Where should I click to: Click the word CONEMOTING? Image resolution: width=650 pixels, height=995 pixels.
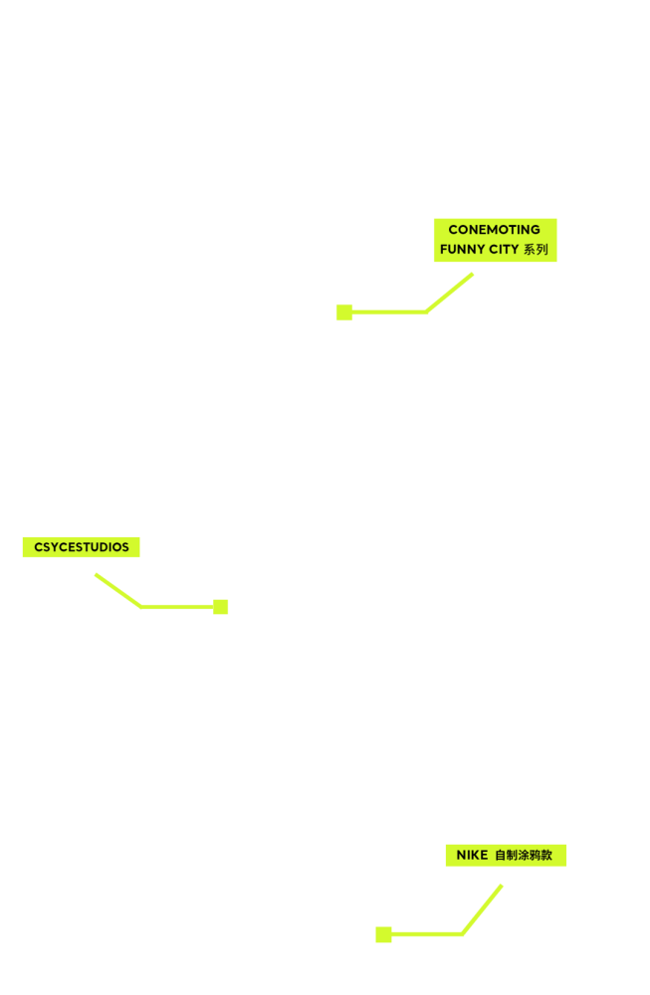pyautogui.click(x=494, y=230)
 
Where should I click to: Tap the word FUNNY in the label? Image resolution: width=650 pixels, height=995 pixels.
pyautogui.click(x=461, y=250)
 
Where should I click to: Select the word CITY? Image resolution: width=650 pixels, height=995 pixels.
pyautogui.click(x=503, y=250)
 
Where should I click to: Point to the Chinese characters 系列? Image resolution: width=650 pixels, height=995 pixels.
pyautogui.click(x=536, y=250)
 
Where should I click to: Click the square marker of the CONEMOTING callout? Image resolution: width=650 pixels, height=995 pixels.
pyautogui.click(x=344, y=312)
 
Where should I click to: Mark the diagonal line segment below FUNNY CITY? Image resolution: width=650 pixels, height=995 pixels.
pyautogui.click(x=449, y=293)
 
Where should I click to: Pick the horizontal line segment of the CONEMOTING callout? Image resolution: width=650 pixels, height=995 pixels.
pyautogui.click(x=389, y=312)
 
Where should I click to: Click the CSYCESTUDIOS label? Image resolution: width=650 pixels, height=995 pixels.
pyautogui.click(x=82, y=547)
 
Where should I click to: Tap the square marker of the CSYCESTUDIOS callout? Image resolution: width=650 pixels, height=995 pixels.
pyautogui.click(x=220, y=607)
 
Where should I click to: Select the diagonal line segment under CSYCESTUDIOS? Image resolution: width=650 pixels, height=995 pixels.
pyautogui.click(x=118, y=591)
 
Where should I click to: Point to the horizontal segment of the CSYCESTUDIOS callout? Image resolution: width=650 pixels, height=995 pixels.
pyautogui.click(x=177, y=607)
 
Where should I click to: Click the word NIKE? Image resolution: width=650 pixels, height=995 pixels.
pyautogui.click(x=472, y=856)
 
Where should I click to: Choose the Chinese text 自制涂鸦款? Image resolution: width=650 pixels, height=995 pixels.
pyautogui.click(x=524, y=856)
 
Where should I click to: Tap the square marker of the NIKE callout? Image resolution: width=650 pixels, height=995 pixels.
pyautogui.click(x=383, y=934)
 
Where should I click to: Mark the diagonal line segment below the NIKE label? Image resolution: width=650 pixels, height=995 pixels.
pyautogui.click(x=483, y=909)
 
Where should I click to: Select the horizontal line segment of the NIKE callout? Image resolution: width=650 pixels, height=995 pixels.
pyautogui.click(x=427, y=934)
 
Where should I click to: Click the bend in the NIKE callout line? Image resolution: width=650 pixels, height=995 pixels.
pyautogui.click(x=463, y=934)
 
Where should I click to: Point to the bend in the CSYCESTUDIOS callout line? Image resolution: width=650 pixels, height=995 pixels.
pyautogui.click(x=141, y=607)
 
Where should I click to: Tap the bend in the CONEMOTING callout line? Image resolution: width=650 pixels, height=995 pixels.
pyautogui.click(x=427, y=312)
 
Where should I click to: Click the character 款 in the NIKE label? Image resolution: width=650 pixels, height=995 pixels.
pyautogui.click(x=546, y=856)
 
